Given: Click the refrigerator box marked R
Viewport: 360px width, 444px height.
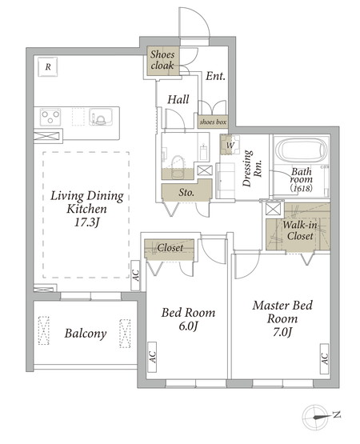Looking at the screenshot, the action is point(48,67).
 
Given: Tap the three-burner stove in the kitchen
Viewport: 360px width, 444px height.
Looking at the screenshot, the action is point(50,117).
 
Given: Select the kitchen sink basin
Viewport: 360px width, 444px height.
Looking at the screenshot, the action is point(101,117).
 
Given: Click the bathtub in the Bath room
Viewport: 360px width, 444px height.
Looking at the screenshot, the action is point(301,150).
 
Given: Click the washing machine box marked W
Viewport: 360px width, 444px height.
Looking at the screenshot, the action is point(230,145).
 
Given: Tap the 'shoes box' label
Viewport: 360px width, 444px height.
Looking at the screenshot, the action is point(213,122).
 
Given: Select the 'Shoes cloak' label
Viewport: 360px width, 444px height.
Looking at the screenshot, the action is point(162,60).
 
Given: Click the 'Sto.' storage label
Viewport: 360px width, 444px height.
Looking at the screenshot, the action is point(186,193).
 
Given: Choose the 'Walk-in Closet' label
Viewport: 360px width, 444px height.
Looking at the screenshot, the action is point(300,230).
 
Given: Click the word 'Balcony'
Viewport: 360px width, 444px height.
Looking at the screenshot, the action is point(86,334).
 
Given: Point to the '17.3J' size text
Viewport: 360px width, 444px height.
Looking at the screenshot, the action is point(86,222).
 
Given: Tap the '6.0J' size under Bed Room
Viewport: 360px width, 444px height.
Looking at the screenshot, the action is point(188,326).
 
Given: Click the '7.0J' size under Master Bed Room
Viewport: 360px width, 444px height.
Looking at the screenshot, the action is point(282,332).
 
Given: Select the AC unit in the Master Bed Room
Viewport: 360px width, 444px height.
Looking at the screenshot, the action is point(325,358).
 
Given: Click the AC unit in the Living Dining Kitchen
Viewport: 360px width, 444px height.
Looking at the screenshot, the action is point(136,275).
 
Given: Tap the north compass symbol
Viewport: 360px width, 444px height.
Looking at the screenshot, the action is point(316,417).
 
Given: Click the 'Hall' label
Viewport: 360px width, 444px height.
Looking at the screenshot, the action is point(178,99).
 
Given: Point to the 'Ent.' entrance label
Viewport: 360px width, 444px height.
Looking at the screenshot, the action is point(215,76).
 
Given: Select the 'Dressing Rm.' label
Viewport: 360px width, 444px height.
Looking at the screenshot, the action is point(251,168).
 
